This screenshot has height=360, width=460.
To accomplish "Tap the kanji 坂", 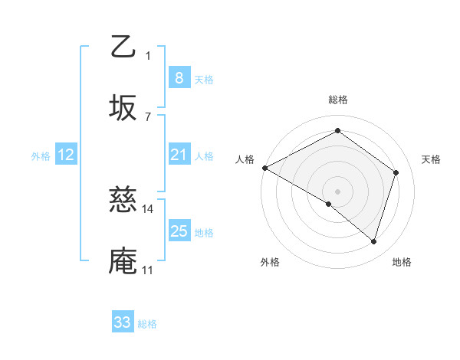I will [123, 108].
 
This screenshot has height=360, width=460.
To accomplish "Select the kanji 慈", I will [123, 201].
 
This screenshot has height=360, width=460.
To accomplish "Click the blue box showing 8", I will [179, 77].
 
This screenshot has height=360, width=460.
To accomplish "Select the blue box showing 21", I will [179, 155].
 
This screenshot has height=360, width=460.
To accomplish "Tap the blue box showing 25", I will [179, 231].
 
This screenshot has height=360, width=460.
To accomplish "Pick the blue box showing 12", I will [66, 155].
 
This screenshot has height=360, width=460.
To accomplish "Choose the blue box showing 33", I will [123, 322].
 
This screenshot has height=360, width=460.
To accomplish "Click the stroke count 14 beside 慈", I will [148, 208].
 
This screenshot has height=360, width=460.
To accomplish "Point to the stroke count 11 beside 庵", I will [147, 270].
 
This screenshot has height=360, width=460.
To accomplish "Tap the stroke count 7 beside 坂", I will [148, 116].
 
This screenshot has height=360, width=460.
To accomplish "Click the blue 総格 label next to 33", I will [148, 324].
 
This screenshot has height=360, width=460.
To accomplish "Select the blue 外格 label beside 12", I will [41, 155].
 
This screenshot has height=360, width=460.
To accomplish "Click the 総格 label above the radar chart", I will [338, 100].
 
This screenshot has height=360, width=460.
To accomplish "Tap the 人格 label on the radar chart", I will [245, 159].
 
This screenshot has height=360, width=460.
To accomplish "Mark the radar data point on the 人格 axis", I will [264, 167].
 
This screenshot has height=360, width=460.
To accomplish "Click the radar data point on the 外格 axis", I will [328, 204].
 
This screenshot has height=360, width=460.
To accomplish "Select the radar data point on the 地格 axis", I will [374, 241].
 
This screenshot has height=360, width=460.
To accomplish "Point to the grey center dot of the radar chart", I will [338, 191].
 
